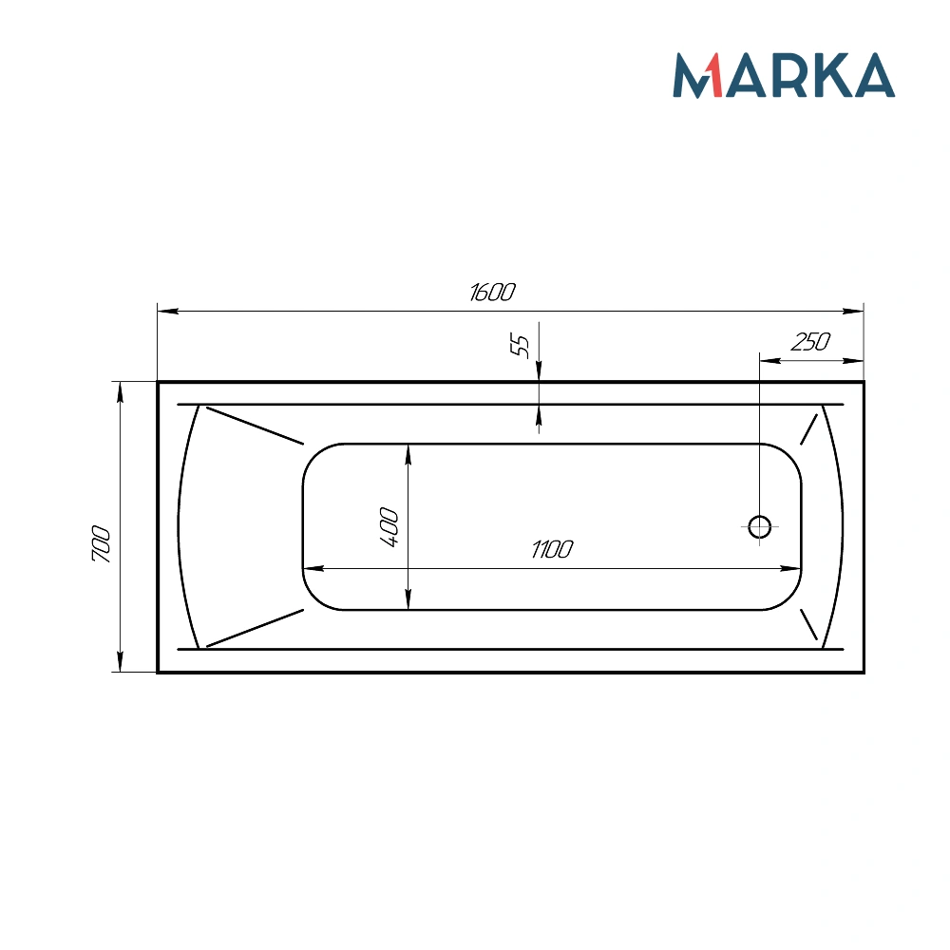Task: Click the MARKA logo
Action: click(784, 75)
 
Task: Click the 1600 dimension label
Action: click(492, 293)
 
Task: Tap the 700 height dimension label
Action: click(102, 544)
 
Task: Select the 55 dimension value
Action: click(520, 346)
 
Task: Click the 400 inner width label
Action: click(389, 527)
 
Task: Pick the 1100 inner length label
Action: click(552, 550)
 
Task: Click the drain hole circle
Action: click(759, 526)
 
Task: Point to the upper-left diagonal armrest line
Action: click(255, 426)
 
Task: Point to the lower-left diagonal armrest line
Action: click(255, 627)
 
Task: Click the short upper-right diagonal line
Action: click(809, 429)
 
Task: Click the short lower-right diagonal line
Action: click(809, 624)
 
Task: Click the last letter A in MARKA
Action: click(873, 77)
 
